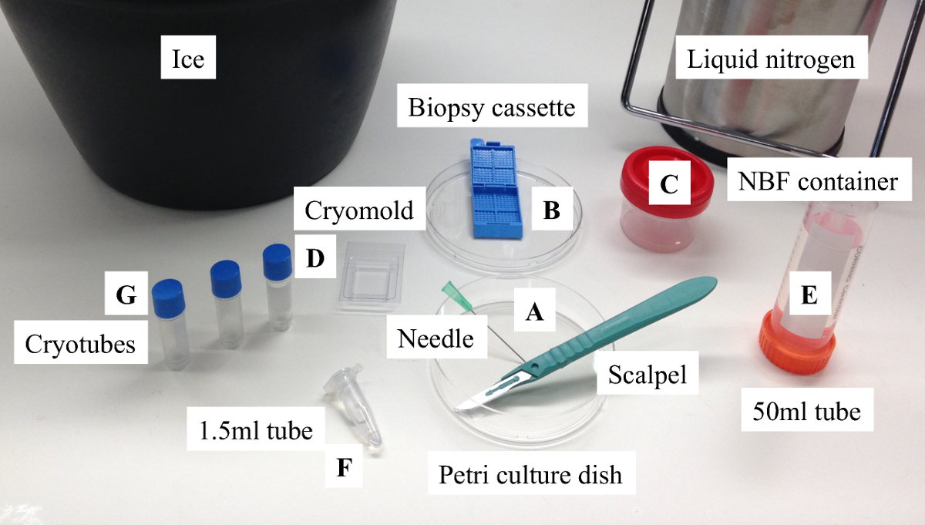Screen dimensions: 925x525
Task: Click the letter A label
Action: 534,311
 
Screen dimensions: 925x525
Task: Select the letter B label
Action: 550,210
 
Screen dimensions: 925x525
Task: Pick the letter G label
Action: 126,294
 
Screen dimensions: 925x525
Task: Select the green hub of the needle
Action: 451,292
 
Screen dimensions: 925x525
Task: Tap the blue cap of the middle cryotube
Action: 226,274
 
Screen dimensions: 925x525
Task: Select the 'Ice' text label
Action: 188,59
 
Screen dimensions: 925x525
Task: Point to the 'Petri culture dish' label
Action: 530,473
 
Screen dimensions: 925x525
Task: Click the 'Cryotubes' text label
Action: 80,343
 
